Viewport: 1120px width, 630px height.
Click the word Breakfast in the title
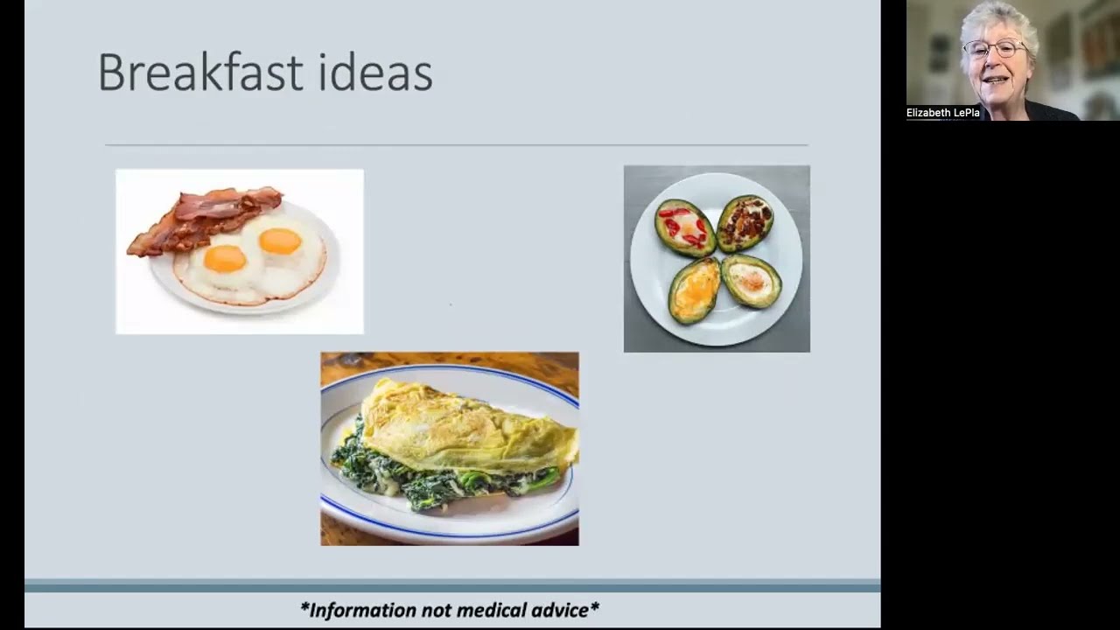tap(200, 72)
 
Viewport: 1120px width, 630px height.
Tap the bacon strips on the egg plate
tap(205, 219)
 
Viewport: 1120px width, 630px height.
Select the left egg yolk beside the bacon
tap(226, 258)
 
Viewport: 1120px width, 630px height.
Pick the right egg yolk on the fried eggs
tap(280, 241)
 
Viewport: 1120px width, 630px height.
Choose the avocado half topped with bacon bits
tap(745, 222)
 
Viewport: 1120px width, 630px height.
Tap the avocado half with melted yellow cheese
tap(695, 290)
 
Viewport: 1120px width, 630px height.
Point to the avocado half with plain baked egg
tap(751, 281)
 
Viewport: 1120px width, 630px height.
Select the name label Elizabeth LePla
tap(943, 113)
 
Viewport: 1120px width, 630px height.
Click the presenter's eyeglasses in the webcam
tap(995, 49)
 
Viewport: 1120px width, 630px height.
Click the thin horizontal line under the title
tap(457, 145)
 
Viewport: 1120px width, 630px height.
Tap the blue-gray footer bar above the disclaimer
tap(452, 585)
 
